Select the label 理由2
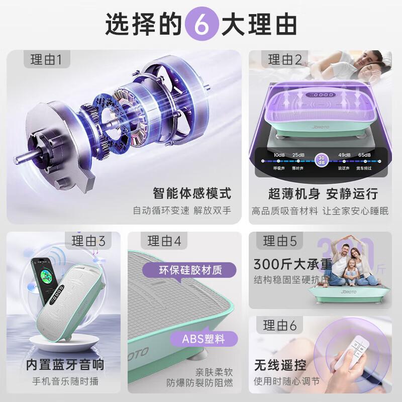point(284,61)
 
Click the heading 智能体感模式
point(192,193)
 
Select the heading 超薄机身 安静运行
point(323,193)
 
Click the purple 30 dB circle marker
point(321,160)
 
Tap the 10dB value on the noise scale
point(279,154)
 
